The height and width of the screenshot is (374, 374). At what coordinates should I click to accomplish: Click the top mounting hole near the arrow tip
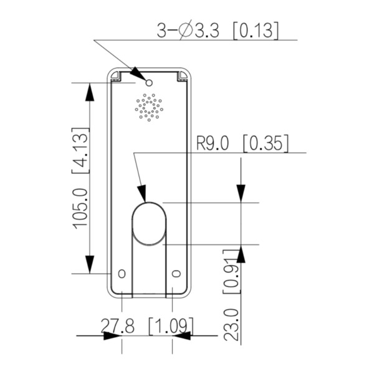[x=149, y=82]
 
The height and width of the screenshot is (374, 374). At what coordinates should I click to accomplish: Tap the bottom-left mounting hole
[x=122, y=274]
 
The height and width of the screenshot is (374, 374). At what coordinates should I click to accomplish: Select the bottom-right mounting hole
[x=176, y=274]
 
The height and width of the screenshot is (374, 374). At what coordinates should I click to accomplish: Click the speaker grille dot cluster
[x=149, y=107]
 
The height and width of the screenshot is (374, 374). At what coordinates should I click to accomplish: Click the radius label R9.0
[x=213, y=144]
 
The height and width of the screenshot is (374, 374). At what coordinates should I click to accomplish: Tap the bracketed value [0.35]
[x=265, y=144]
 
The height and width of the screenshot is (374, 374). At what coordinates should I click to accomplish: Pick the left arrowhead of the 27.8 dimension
[x=112, y=336]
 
